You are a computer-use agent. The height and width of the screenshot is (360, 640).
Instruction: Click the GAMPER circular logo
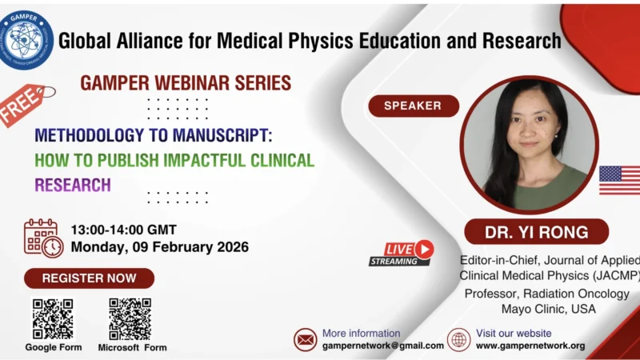27,39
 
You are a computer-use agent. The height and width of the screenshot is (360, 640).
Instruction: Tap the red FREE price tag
24,104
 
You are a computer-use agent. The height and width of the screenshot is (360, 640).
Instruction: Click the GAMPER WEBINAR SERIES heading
185,82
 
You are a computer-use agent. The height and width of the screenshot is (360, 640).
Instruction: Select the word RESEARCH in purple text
73,185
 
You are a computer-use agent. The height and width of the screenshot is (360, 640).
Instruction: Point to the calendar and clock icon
43,237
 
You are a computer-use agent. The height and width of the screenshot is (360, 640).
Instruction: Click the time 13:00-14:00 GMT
123,229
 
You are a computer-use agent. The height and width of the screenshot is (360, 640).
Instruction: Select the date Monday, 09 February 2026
159,246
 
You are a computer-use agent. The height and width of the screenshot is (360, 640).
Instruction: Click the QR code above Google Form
53,318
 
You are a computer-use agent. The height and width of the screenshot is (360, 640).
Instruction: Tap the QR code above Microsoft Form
130,318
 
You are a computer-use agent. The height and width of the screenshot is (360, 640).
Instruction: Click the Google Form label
53,347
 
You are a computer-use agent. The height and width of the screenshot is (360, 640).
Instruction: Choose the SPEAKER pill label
413,106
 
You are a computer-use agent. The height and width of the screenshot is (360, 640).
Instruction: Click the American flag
619,180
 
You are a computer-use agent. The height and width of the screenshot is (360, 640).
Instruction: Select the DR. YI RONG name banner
536,233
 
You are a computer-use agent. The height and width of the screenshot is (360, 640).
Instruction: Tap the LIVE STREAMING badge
401,253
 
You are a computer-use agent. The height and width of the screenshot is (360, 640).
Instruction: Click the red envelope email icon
306,339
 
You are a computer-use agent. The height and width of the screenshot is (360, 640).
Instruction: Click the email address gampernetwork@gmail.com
382,346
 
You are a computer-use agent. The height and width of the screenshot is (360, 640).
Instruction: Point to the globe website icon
458,339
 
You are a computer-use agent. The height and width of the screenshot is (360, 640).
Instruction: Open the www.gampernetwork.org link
530,346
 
